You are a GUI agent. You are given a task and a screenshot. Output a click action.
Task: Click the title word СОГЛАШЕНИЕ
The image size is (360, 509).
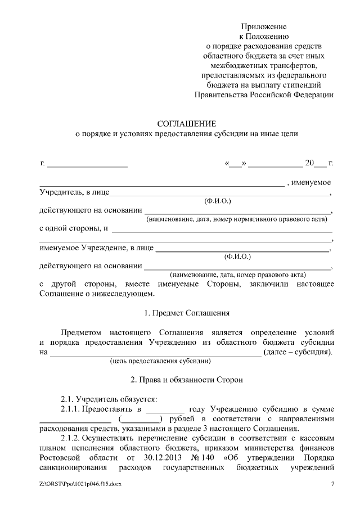coord(186,123)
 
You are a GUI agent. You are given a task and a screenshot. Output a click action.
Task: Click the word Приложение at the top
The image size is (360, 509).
coord(264,26)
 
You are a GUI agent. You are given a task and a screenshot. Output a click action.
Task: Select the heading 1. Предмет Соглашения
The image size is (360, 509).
coord(186,313)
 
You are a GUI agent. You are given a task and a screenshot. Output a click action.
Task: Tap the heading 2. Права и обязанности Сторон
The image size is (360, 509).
coord(186,380)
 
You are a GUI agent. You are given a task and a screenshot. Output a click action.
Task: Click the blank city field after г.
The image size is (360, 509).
coord(87,164)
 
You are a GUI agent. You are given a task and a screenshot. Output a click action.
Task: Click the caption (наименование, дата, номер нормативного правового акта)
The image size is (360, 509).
coord(236,219)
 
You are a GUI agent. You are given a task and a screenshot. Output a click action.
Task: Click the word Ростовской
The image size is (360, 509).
coord(60,456)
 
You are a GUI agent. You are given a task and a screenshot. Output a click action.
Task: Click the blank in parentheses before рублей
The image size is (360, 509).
coord(141,418)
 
